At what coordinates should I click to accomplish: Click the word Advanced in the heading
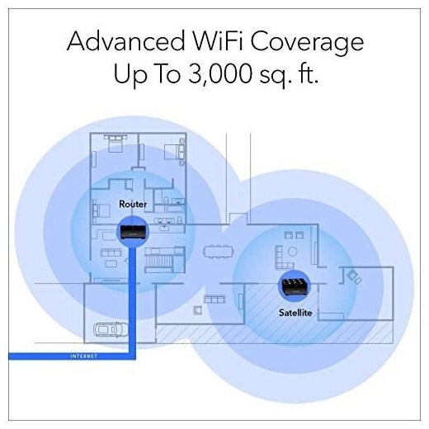[125, 41]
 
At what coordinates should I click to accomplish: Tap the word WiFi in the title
[217, 40]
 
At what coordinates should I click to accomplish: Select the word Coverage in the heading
[307, 44]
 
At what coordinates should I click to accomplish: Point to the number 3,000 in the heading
[220, 73]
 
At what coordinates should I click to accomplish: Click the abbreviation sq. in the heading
[276, 76]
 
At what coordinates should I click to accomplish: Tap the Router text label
[133, 204]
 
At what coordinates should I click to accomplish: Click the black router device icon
[133, 232]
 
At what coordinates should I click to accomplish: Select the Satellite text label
[295, 313]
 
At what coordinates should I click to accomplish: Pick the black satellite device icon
[295, 286]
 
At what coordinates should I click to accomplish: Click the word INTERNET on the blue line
[84, 356]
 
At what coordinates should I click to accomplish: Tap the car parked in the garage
[111, 329]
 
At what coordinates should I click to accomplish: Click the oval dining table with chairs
[218, 252]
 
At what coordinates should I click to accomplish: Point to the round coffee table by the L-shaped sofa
[292, 252]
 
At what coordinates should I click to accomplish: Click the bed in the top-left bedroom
[115, 144]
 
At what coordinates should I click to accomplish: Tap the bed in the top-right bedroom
[174, 152]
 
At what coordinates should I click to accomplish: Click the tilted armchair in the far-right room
[354, 277]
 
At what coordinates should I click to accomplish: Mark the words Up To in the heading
[148, 74]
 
